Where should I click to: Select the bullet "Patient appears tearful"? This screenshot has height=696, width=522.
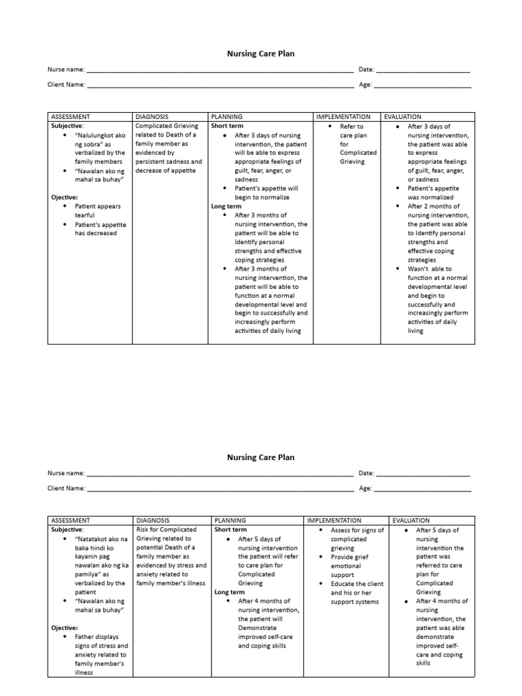(94, 210)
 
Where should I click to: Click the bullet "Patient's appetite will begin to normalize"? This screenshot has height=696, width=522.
(262, 192)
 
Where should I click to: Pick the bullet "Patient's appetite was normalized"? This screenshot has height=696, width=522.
(434, 192)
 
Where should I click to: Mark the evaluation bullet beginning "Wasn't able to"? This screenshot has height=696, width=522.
(437, 300)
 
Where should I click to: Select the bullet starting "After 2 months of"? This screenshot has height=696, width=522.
(437, 233)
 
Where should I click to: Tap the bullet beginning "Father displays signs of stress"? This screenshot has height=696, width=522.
(101, 655)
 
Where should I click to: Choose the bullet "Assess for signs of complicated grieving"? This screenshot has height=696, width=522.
(356, 539)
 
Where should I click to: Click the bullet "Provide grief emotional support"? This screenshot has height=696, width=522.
(351, 565)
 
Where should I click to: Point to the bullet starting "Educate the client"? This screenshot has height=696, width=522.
(356, 593)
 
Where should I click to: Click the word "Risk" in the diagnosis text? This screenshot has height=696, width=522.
(143, 529)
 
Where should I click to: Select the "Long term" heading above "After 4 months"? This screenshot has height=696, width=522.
(230, 592)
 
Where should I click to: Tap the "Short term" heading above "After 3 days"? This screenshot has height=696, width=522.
(227, 126)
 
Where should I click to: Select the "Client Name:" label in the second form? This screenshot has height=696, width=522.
(66, 488)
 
